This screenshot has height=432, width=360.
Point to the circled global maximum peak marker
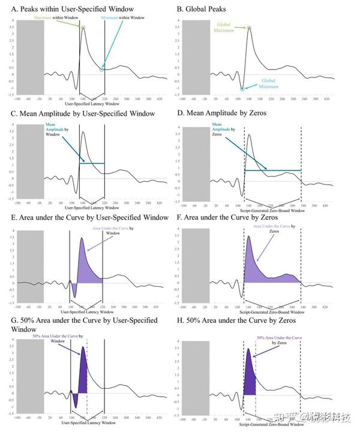pyautogui.click(x=248, y=28)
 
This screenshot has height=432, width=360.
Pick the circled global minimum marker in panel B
pyautogui.click(x=242, y=89)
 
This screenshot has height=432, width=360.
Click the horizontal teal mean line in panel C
pyautogui.click(x=90, y=163)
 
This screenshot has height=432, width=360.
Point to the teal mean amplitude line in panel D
pyautogui.click(x=272, y=170)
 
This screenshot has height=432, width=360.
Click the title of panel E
pyautogui.click(x=89, y=217)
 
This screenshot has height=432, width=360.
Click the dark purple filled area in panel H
pyautogui.click(x=250, y=378)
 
